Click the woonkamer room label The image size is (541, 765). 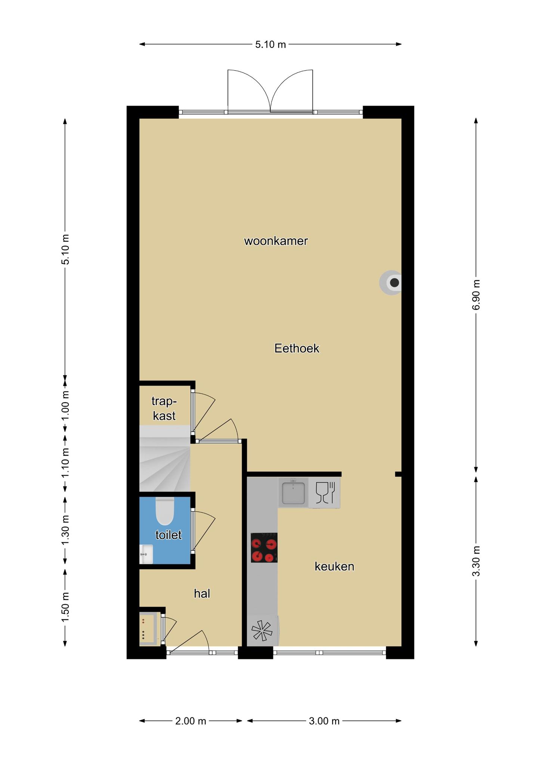tap(276, 241)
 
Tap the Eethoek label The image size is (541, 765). tap(297, 348)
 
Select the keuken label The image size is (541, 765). tap(334, 566)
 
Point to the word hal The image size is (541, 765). tap(202, 593)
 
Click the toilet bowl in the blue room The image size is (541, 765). tap(165, 511)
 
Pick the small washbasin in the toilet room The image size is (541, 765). tap(146, 554)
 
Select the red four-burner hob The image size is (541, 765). tap(264, 548)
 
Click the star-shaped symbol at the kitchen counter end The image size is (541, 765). tap(262, 631)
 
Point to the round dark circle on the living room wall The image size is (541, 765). tap(394, 282)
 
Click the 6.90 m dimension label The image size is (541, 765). tap(476, 295)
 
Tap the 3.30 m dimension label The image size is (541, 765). tap(476, 561)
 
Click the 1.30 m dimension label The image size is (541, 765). tap(65, 530)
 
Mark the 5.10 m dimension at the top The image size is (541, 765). tap(270, 44)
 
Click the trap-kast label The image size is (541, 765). tap(164, 409)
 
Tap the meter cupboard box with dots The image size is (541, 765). tap(148, 628)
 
